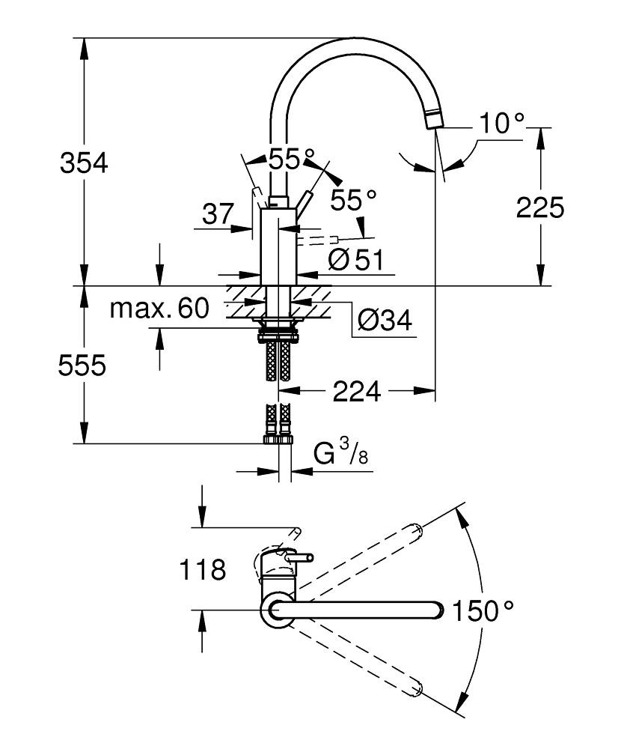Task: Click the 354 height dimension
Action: coord(84,163)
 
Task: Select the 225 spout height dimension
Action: coord(539,207)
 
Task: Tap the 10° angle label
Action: coord(501,124)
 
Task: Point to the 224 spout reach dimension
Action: coord(356,390)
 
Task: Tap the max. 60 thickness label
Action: coord(159,308)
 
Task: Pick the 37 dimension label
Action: coord(218,215)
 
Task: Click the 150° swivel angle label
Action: coord(483,611)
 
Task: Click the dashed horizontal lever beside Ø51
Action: coord(314,240)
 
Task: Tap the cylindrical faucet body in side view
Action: coord(279,247)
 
